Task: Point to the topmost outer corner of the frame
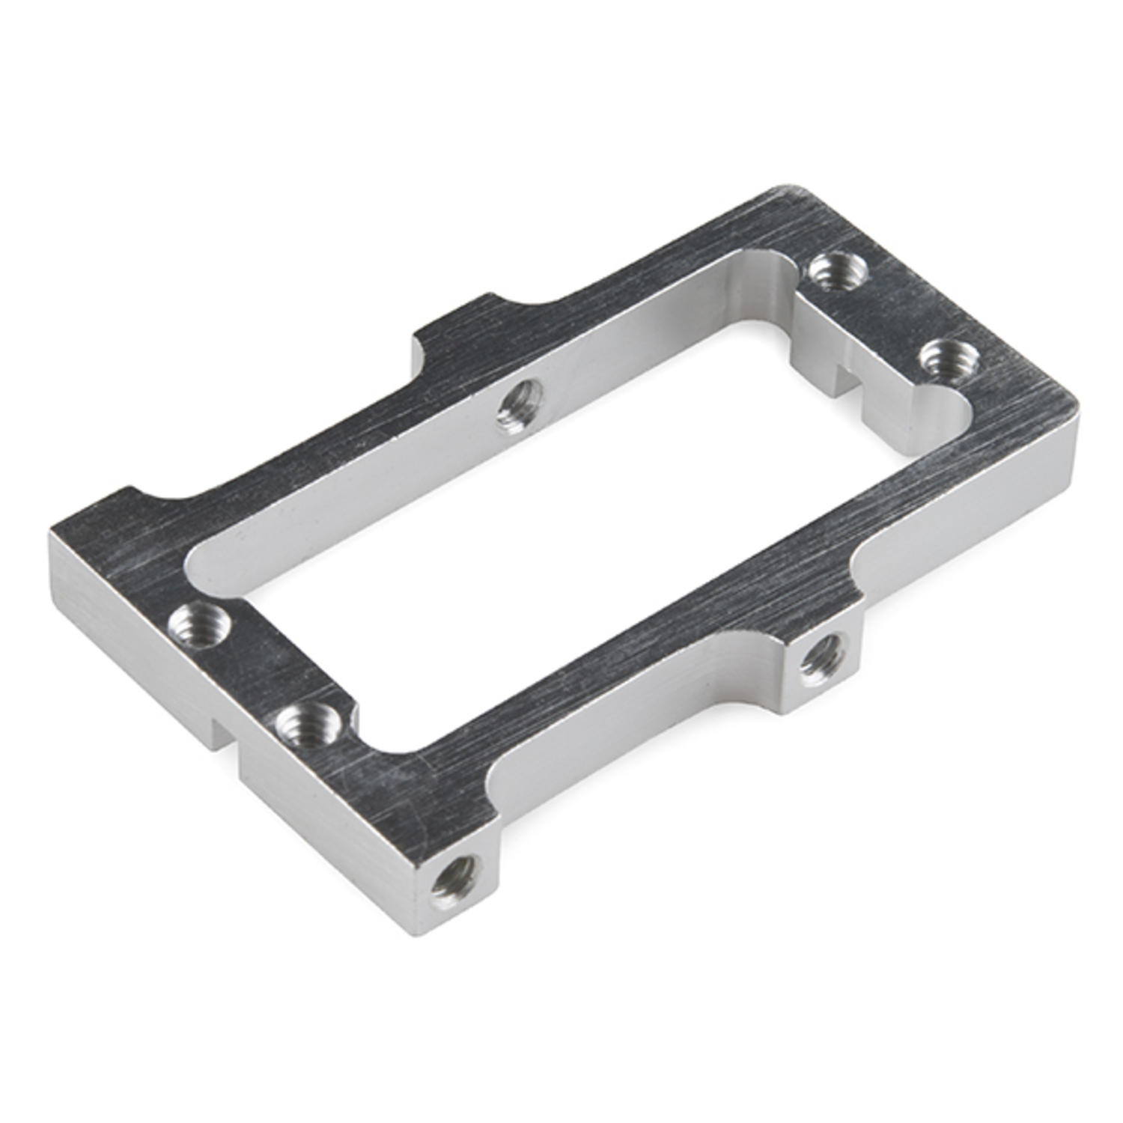coord(786,187)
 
